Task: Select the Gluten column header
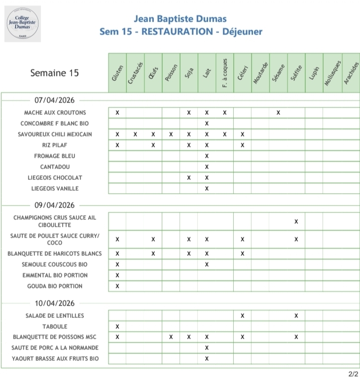[x=117, y=73]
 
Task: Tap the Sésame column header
[x=278, y=73]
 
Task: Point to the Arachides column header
[x=349, y=73]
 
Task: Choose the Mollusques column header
[x=331, y=73]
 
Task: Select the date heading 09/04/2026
[x=54, y=206]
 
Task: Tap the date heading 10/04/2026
[x=54, y=303]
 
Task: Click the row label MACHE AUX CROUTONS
[x=55, y=113]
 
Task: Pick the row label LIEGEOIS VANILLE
[x=55, y=188]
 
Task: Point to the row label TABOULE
[x=55, y=326]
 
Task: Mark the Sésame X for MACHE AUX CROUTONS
[x=278, y=113]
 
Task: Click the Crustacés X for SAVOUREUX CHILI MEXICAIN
[x=135, y=134]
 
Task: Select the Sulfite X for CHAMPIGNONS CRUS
[x=296, y=221]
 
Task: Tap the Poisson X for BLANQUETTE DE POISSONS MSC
[x=171, y=337]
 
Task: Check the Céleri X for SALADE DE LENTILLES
[x=242, y=316]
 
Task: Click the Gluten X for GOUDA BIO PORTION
[x=117, y=286]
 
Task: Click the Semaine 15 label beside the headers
[x=54, y=73]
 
